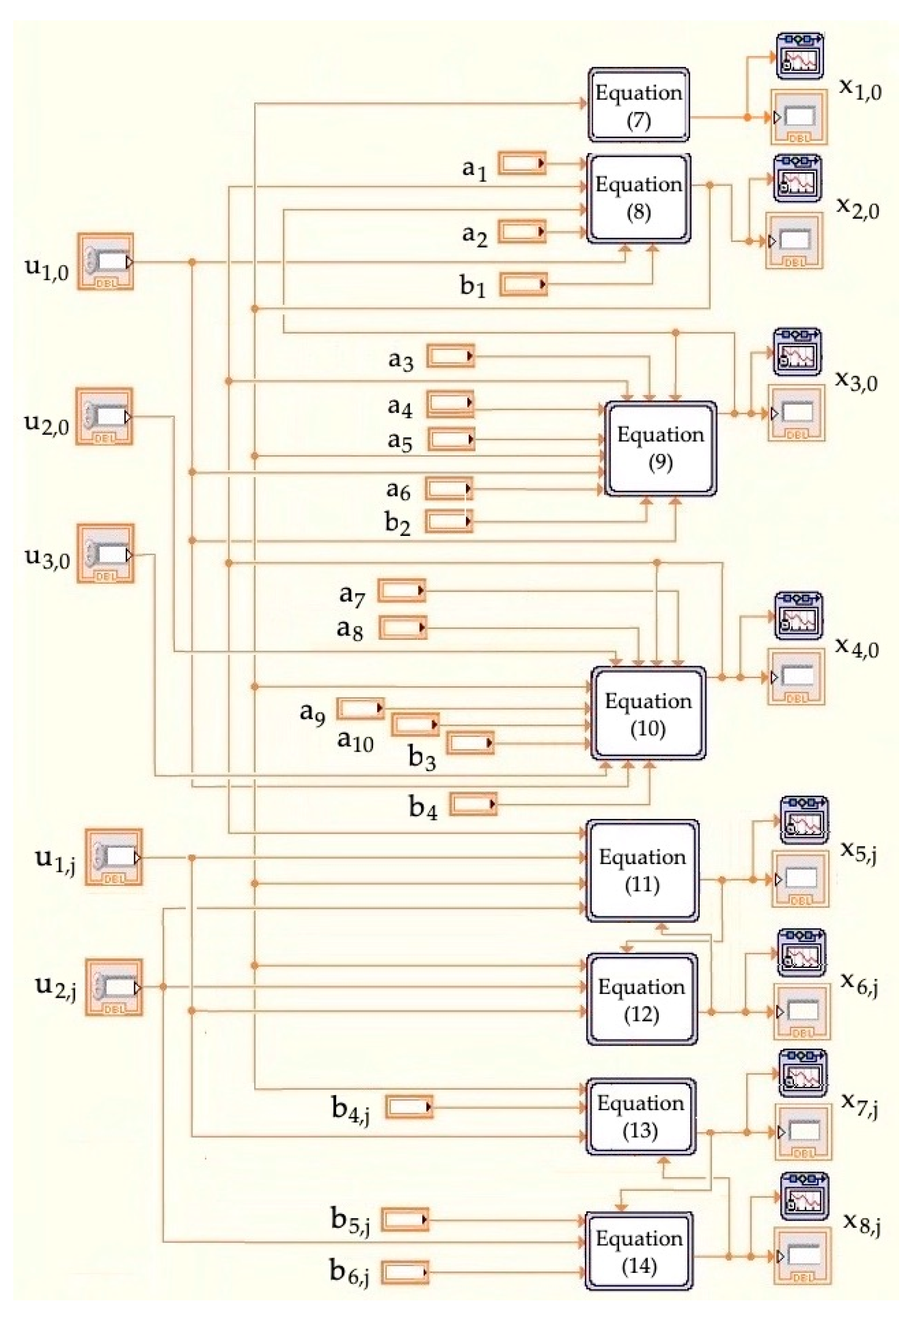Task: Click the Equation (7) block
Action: [639, 105]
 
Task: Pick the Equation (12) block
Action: [641, 999]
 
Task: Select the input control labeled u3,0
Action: [106, 553]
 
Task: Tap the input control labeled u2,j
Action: [113, 987]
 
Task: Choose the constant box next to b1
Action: [523, 285]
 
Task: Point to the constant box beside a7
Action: [402, 590]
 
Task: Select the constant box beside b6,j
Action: [405, 1272]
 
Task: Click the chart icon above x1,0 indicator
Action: [800, 56]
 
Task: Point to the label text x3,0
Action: [857, 381]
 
